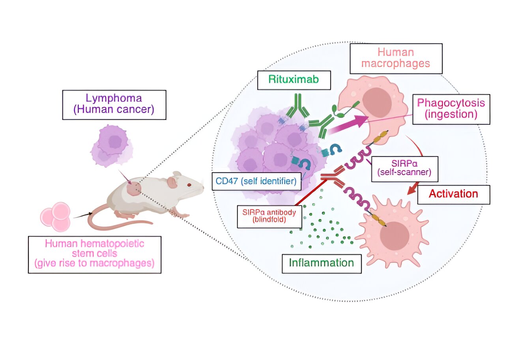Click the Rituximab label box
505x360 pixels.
coord(294,80)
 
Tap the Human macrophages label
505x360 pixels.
coord(396,59)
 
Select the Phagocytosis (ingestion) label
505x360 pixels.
coord(451,109)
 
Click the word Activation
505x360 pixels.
coord(453,194)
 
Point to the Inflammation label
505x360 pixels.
coord(322,263)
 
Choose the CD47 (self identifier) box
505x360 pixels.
coord(256,181)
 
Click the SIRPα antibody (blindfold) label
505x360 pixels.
coord(269,216)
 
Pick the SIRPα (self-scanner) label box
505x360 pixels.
coord(405,169)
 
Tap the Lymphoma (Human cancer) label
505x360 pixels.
coord(114,105)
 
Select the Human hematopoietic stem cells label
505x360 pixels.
coord(95,255)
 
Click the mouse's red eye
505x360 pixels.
coord(189,185)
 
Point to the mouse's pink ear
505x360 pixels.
coord(172,183)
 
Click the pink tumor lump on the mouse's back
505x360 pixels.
coord(134,189)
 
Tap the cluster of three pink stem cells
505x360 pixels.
coord(56,217)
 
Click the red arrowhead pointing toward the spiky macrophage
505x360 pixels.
coord(412,190)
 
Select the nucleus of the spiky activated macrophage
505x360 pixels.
coord(395,236)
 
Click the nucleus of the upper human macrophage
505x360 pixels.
coord(377,103)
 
